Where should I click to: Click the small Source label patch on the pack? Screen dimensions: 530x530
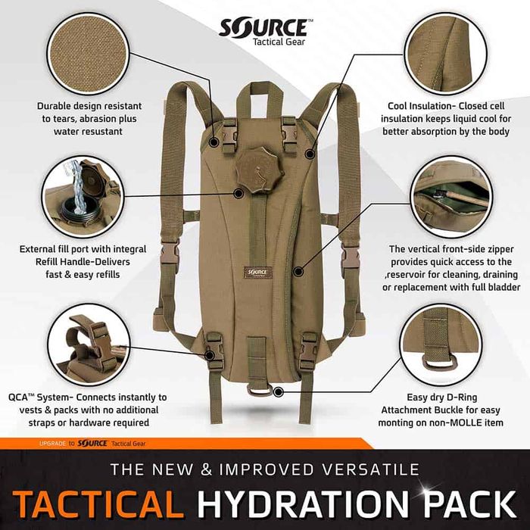[x=257, y=271]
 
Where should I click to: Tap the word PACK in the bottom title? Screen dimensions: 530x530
[x=478, y=502]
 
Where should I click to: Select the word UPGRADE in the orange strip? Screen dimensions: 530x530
[x=54, y=443]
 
